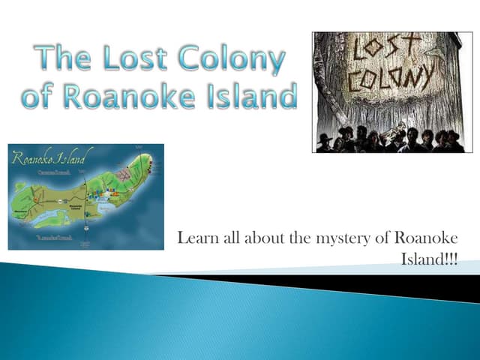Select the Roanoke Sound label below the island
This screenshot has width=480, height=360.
[55, 238]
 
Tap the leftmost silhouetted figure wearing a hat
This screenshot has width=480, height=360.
[325, 142]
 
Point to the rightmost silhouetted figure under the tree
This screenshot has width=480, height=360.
[455, 142]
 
